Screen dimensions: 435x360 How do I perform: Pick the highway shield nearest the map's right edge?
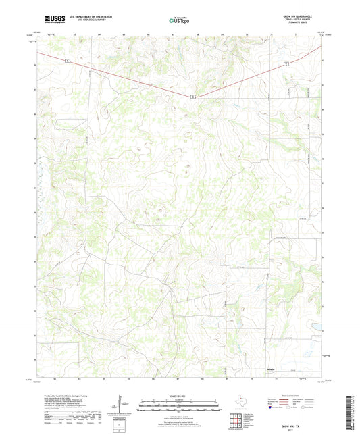pyautogui.click(x=286, y=63)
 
